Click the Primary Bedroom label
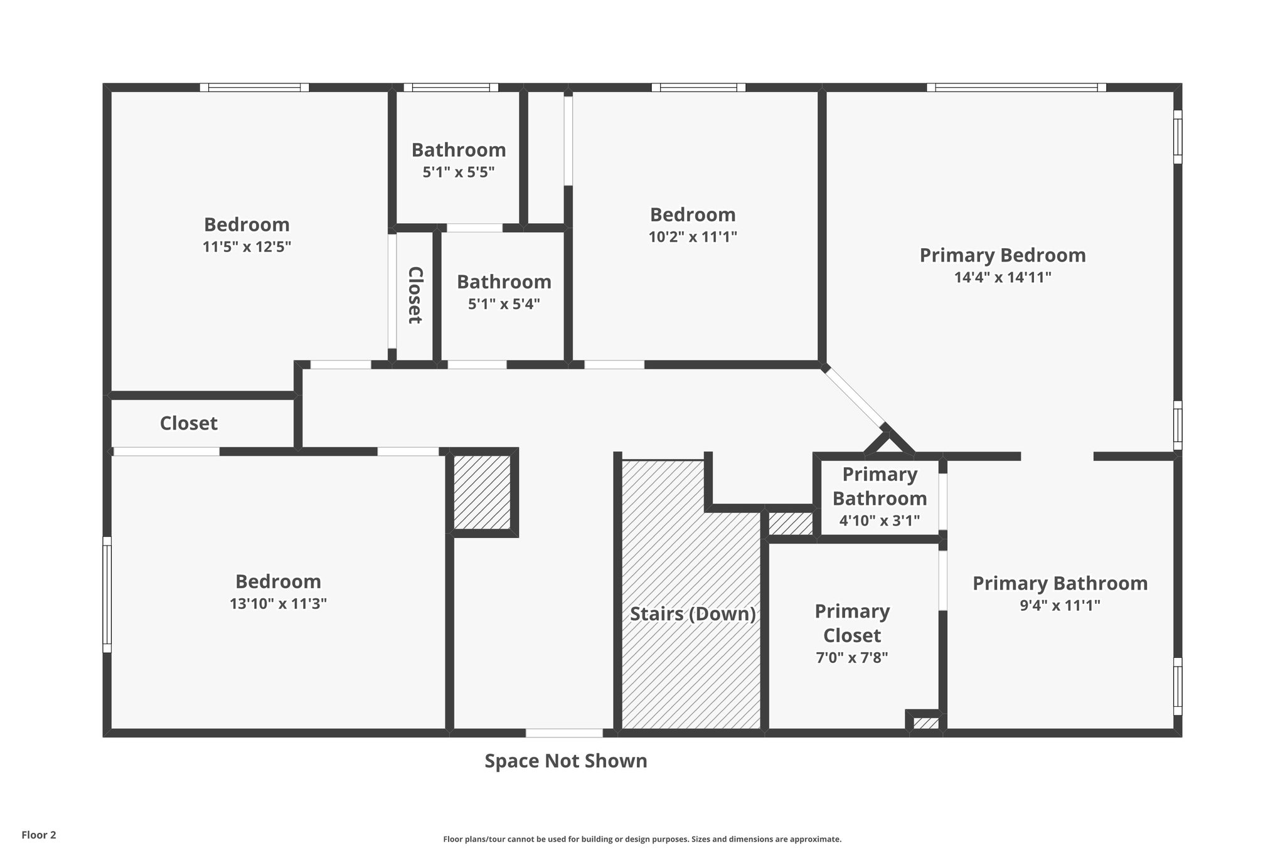tap(1002, 255)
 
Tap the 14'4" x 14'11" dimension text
tap(1002, 277)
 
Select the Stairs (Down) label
tap(693, 613)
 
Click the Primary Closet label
tap(852, 623)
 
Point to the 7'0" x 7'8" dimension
tap(852, 657)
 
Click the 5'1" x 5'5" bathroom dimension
tap(459, 172)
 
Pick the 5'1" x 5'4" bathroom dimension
tap(504, 304)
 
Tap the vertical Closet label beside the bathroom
tap(415, 295)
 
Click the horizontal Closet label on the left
tap(188, 423)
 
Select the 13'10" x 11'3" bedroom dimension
tap(278, 604)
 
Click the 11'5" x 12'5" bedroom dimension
tap(247, 246)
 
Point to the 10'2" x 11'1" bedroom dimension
tap(692, 237)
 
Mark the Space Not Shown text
tap(565, 761)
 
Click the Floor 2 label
tap(39, 835)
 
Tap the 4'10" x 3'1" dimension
tap(879, 520)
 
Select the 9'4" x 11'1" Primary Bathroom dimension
tap(1060, 605)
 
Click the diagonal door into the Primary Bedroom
tap(855, 396)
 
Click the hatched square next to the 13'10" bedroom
tap(482, 492)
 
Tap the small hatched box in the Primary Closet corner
tap(925, 723)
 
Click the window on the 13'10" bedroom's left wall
tap(107, 594)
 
